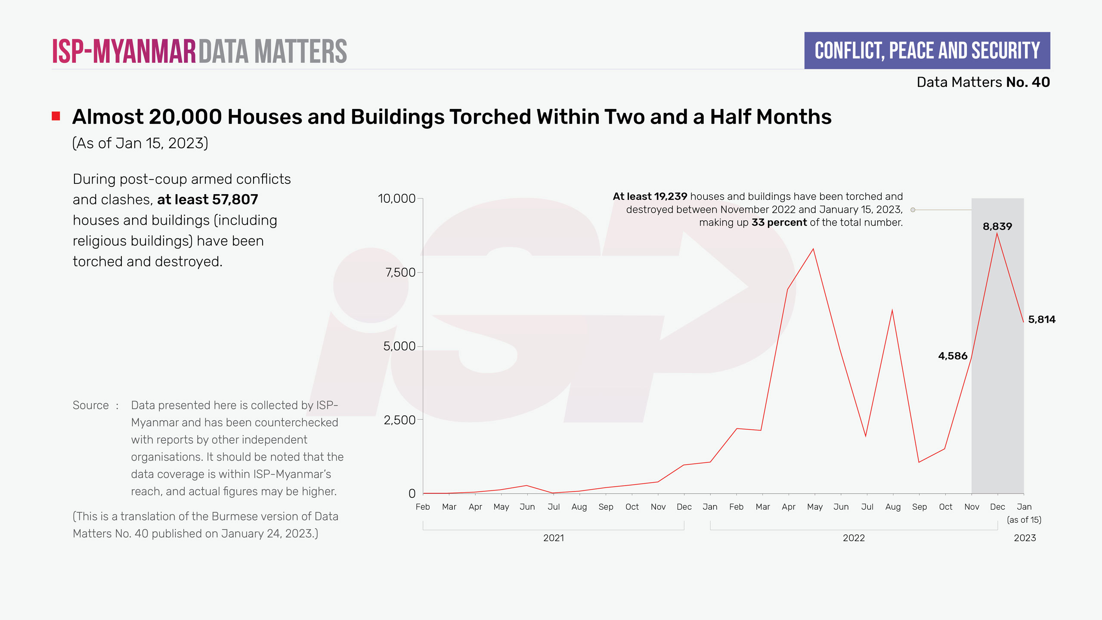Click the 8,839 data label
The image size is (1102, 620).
click(x=997, y=226)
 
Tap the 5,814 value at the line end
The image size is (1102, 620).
click(x=1041, y=319)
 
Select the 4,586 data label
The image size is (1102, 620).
click(x=952, y=356)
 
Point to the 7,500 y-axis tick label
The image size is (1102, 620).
click(x=400, y=273)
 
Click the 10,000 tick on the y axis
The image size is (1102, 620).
click(x=396, y=198)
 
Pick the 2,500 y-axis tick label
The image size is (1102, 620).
click(x=399, y=420)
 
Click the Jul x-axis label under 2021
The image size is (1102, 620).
click(x=553, y=507)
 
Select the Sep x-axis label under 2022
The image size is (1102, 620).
click(x=919, y=507)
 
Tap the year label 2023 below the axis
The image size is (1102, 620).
click(x=1025, y=538)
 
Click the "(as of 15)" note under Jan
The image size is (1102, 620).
click(x=1024, y=520)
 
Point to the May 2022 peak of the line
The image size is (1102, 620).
click(x=813, y=249)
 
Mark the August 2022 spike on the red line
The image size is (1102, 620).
click(x=892, y=310)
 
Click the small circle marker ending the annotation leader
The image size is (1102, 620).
click(x=913, y=210)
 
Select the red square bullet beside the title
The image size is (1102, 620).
click(x=56, y=116)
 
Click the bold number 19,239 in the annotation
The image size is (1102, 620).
click(x=670, y=197)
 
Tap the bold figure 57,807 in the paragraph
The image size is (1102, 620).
click(x=235, y=200)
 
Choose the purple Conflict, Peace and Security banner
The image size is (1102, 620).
click(x=927, y=50)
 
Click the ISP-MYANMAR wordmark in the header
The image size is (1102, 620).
click(x=124, y=51)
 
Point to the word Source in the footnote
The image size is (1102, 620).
click(x=90, y=405)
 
